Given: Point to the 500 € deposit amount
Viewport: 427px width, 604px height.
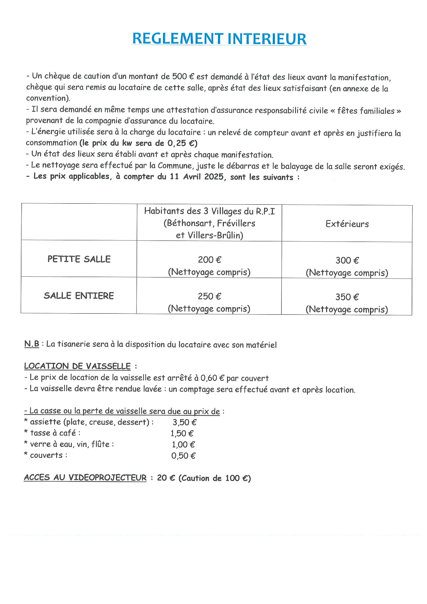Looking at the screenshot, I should tap(183, 76).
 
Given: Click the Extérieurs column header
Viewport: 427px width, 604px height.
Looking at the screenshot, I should tap(347, 224).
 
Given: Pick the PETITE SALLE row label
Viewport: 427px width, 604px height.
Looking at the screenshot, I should tap(79, 259).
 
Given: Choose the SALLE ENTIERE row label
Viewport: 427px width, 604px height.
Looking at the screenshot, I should tap(79, 296).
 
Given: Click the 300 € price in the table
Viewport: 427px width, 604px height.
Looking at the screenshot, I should tap(347, 261).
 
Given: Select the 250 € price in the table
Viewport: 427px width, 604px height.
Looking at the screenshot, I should tap(209, 296).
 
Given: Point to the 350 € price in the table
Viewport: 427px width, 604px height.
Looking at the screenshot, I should tap(347, 297).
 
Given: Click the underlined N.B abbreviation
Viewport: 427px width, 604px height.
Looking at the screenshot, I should tap(31, 344).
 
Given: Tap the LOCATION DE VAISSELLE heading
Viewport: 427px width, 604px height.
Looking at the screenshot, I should tap(77, 366).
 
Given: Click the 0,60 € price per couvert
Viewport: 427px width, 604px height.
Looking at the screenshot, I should tap(212, 378).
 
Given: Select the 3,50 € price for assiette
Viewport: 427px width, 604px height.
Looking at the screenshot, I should tap(185, 422).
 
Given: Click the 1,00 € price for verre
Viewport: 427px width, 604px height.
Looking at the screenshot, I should tap(183, 445).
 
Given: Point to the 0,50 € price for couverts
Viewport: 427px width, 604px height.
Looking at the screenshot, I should tap(183, 456).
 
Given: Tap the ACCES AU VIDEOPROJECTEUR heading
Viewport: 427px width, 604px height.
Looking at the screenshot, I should tap(85, 478).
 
